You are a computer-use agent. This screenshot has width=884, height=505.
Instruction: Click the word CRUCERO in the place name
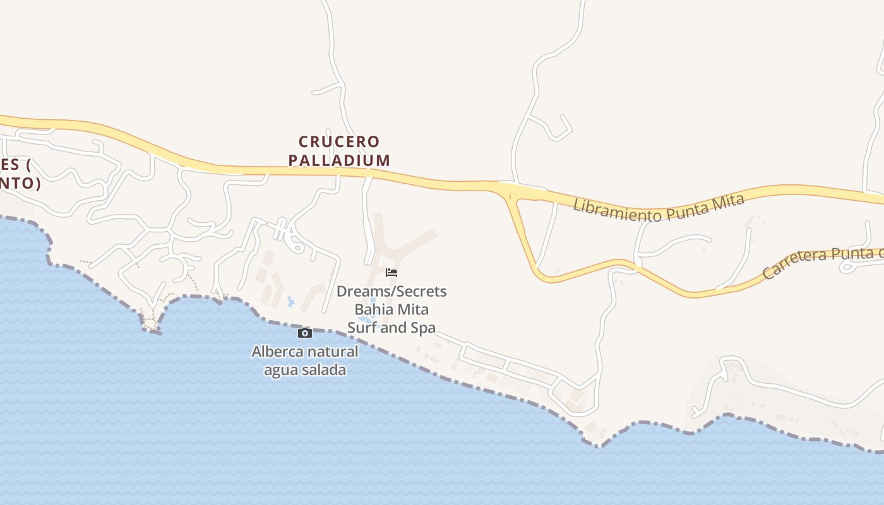coord(339,141)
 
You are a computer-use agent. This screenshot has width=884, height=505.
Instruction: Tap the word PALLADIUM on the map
coord(339,160)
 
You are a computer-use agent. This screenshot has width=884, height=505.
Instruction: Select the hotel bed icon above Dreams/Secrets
coord(391,273)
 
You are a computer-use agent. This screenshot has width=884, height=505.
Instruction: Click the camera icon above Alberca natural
coord(305,333)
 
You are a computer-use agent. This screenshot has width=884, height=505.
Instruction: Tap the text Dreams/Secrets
coord(391,292)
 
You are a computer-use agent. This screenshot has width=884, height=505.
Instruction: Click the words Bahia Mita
coord(391,310)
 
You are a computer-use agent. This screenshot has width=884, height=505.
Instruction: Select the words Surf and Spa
coord(391,328)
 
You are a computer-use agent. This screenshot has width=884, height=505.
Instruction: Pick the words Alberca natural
coord(305,352)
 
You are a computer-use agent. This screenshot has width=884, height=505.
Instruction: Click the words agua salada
coord(305,370)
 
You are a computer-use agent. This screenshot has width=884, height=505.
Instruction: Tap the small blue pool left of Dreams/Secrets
coord(290,302)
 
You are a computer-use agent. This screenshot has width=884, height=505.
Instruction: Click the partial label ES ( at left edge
coord(16,165)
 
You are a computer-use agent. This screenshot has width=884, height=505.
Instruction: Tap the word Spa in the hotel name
coord(424,328)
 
